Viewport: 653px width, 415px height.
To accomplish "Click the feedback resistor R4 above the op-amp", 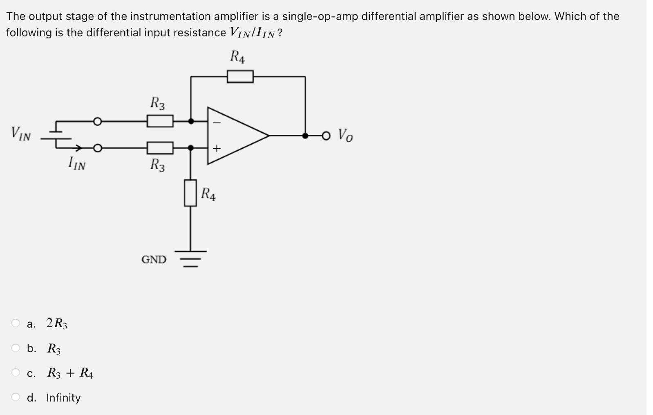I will [x=240, y=76].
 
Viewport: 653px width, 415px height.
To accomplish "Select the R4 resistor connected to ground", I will [x=190, y=193].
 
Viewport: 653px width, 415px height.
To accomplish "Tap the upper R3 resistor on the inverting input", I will [x=160, y=121].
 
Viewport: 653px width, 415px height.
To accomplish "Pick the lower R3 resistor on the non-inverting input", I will [x=160, y=147].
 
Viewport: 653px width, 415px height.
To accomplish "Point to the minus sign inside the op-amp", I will [x=217, y=122].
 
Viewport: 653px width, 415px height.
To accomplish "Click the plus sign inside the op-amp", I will [x=217, y=148].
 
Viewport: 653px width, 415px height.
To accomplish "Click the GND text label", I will [x=154, y=259].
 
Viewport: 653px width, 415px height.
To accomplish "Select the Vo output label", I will [x=345, y=135].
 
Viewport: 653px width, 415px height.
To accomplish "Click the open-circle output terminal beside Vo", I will [x=326, y=135].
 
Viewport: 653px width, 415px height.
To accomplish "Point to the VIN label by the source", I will [x=21, y=134].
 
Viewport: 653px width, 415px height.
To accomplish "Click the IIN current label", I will [x=77, y=164].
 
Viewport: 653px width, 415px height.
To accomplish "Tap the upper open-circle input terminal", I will [x=97, y=121].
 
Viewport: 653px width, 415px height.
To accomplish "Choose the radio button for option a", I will [x=16, y=323].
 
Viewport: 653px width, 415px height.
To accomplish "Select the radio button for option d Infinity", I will [x=16, y=397].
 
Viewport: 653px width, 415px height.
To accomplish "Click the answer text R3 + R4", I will [x=70, y=373].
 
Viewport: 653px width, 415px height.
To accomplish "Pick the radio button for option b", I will [x=16, y=348].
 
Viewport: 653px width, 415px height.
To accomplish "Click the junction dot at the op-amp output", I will [x=305, y=135].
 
